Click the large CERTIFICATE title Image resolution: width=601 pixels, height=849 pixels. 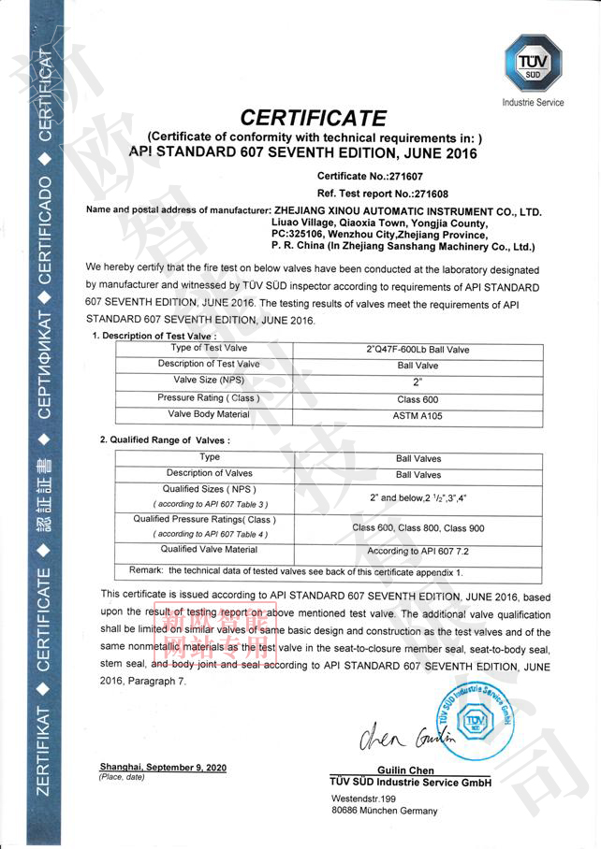(313, 119)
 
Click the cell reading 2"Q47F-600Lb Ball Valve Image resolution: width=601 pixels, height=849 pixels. (417, 350)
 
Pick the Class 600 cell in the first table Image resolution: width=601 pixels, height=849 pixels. (417, 399)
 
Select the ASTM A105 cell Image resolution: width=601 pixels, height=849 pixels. (417, 415)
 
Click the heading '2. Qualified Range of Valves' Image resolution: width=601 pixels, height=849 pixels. (165, 439)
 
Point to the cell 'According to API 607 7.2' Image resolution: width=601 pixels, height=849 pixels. (417, 552)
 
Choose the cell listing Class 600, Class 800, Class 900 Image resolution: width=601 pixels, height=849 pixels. (417, 527)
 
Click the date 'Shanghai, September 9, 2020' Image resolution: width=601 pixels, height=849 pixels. (163, 768)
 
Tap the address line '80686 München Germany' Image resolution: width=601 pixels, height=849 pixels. (384, 811)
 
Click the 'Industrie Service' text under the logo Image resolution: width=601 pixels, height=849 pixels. (534, 102)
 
